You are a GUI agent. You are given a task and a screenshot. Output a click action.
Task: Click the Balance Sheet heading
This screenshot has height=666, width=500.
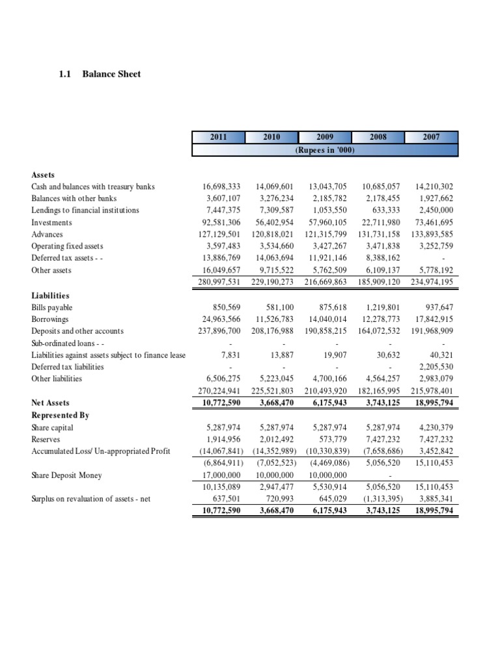(111, 74)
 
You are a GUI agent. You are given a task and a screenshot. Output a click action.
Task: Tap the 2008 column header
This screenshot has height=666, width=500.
(378, 137)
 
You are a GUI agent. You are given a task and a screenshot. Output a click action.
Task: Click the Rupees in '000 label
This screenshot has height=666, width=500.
(325, 150)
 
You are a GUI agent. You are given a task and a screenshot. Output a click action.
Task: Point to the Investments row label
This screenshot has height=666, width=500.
(52, 222)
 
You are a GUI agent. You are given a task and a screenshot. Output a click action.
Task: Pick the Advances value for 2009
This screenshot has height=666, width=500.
(328, 234)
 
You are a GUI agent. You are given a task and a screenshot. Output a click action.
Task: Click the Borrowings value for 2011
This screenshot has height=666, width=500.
(222, 319)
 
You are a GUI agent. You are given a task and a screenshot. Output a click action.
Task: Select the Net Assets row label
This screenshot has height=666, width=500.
(50, 403)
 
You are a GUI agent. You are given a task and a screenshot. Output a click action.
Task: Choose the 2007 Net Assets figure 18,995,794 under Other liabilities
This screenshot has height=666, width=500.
(434, 403)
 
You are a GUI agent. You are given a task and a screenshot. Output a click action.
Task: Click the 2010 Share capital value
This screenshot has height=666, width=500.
(275, 428)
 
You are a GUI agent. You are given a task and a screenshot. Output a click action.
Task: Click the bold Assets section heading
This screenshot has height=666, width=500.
(44, 175)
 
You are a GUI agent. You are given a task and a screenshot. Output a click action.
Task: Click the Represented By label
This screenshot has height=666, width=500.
(60, 415)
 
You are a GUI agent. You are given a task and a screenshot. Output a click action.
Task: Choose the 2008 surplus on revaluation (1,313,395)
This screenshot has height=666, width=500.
(382, 499)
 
